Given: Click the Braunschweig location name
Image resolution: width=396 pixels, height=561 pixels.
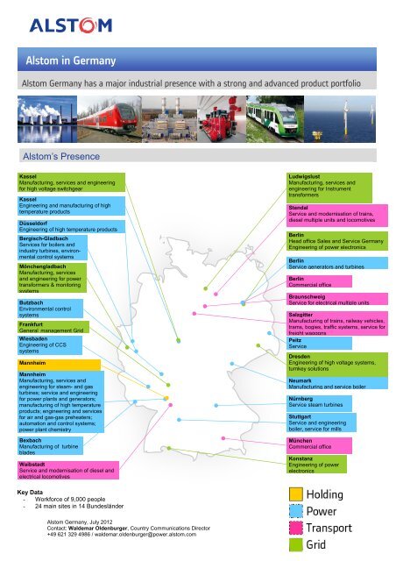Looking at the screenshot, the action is (x=308, y=297).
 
